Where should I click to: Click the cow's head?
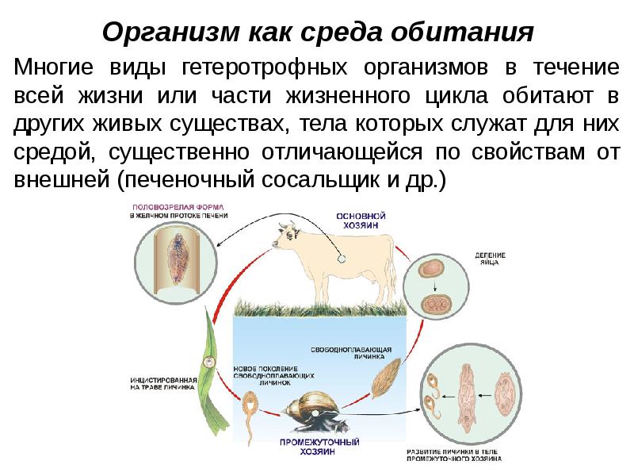[x=285, y=234]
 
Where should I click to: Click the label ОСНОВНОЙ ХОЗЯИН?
[x=361, y=220]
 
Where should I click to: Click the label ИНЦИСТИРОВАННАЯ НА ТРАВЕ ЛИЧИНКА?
[x=162, y=386]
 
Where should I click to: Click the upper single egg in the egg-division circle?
[x=431, y=268]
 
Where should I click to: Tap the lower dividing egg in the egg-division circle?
[x=434, y=304]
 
